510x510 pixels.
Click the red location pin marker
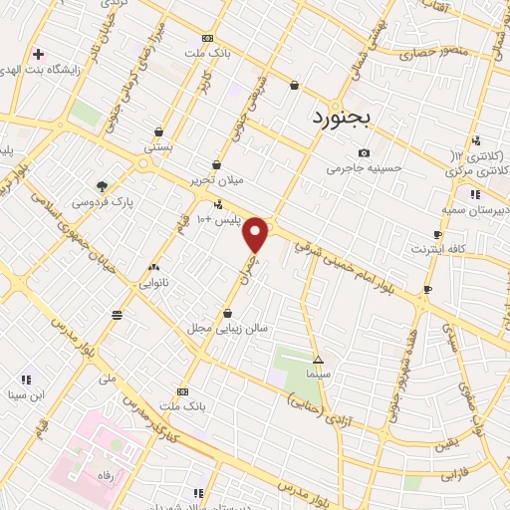point(256,234)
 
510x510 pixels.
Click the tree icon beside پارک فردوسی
point(102,185)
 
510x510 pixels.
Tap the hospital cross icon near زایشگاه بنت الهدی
point(38,54)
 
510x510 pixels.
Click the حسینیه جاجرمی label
point(365,168)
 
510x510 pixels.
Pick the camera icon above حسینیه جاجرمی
point(364,152)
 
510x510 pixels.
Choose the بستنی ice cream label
point(159,147)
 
